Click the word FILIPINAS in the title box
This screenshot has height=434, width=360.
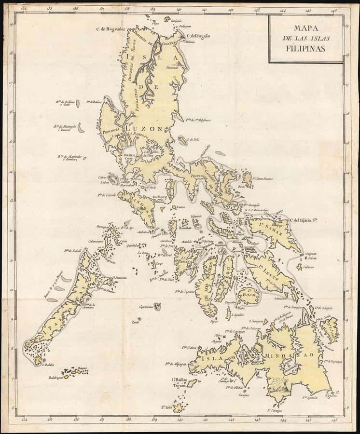(x=306, y=48)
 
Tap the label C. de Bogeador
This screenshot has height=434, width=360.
(x=111, y=29)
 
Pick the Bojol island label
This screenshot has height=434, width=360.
(x=249, y=290)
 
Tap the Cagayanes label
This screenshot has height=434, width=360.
(x=146, y=306)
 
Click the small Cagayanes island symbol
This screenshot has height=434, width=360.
(x=157, y=306)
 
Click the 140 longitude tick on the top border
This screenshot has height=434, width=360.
(x=179, y=9)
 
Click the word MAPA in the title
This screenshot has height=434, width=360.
(x=306, y=28)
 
